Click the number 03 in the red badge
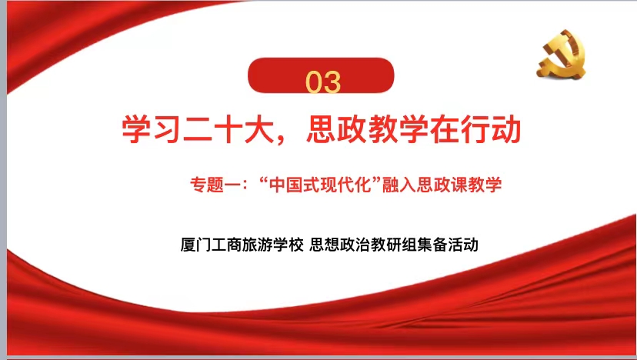(x=323, y=82)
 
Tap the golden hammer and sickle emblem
(x=562, y=55)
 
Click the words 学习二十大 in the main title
(x=198, y=129)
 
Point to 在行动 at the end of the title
(x=475, y=129)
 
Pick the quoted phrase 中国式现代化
(x=321, y=185)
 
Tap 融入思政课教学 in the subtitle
(x=442, y=185)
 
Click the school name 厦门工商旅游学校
(x=242, y=245)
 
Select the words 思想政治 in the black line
(x=339, y=245)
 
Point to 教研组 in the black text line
(x=393, y=245)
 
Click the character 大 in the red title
(x=259, y=129)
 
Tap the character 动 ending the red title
(x=506, y=129)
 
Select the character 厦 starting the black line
(x=188, y=245)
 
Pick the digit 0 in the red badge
(x=314, y=82)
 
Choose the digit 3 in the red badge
(x=332, y=82)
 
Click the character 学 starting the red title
(x=136, y=129)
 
